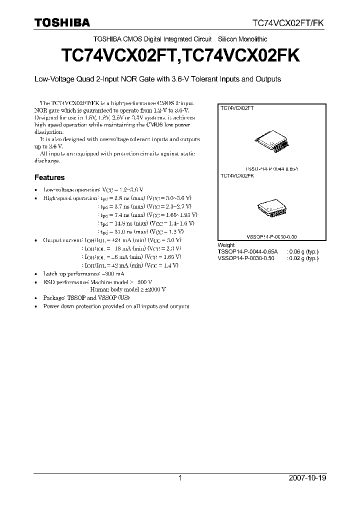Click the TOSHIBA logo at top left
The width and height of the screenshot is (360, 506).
click(x=62, y=22)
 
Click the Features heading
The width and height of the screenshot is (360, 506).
click(x=49, y=177)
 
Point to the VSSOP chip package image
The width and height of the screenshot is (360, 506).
click(x=272, y=207)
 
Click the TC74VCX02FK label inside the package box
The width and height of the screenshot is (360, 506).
click(x=237, y=176)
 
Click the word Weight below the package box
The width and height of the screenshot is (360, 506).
click(x=226, y=245)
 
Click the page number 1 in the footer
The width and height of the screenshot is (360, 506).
click(x=180, y=478)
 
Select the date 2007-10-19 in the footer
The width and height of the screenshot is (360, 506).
click(x=307, y=478)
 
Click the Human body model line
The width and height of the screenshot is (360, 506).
click(x=127, y=289)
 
